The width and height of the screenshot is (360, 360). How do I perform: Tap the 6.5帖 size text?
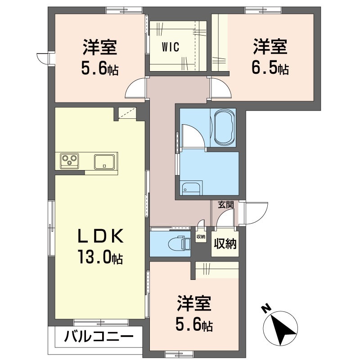click(x=270, y=69)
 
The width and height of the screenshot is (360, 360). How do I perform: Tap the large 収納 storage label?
click(x=225, y=244)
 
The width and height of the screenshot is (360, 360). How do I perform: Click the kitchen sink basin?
click(x=105, y=161)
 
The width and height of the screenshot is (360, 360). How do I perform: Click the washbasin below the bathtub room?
click(x=191, y=188)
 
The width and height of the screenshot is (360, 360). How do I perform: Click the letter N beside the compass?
click(x=266, y=309)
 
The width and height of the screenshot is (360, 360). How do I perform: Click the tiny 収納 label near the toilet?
click(x=201, y=236)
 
